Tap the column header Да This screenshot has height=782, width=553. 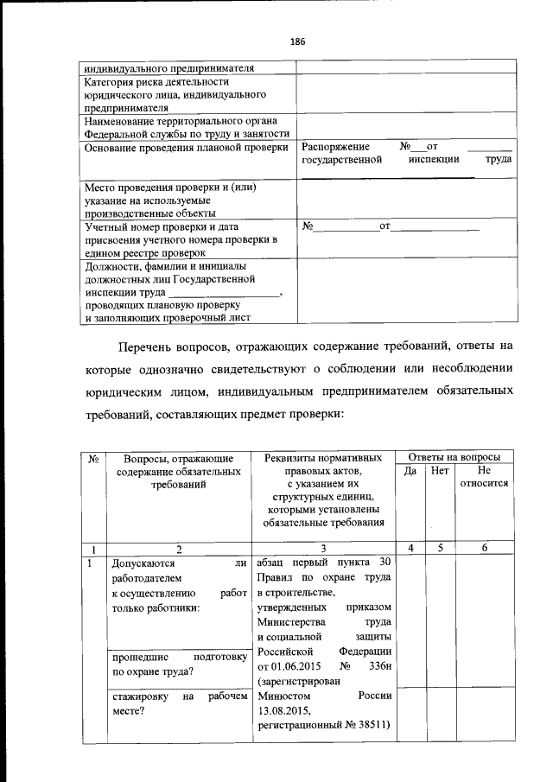pos(410,471)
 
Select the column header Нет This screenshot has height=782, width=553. pos(440,471)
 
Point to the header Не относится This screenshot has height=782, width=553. pos(484,477)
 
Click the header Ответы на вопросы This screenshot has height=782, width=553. pos(454,456)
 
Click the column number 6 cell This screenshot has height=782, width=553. pos(484,548)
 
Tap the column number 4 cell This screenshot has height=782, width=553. pos(410,548)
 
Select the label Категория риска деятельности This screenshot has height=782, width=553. pos(143,82)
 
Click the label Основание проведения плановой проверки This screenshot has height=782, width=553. pos(186,148)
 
